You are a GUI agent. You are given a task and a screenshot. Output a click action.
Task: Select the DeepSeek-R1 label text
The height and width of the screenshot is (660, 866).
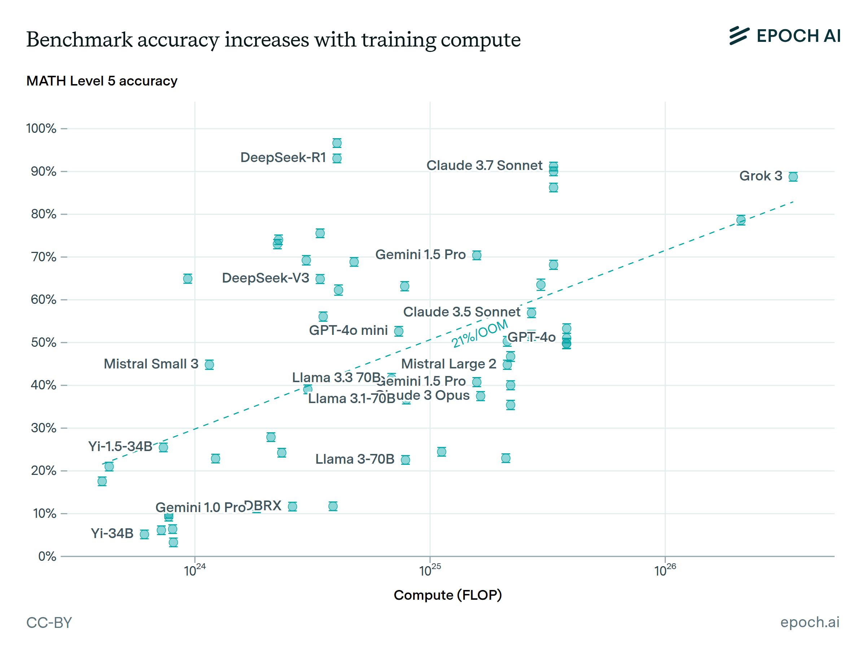(283, 158)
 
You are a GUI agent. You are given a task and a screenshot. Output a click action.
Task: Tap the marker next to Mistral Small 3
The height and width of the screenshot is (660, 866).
(209, 365)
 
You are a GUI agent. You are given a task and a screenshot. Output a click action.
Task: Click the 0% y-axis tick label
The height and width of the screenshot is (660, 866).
(47, 557)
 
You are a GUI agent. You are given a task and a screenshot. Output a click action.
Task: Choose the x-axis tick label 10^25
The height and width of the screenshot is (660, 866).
(430, 571)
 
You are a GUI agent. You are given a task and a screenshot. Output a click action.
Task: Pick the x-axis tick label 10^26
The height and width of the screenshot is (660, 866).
(665, 571)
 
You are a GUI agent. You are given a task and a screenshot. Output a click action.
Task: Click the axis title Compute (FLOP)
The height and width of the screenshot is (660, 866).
(448, 595)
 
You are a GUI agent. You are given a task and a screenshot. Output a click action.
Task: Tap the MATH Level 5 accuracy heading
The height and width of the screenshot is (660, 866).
(102, 81)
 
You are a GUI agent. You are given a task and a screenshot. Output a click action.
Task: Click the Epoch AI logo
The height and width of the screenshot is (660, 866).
(785, 36)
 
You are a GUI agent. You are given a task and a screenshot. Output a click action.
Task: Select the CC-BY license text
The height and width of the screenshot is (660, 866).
(49, 623)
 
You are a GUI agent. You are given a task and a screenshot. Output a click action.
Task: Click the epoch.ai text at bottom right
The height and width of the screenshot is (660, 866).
(809, 622)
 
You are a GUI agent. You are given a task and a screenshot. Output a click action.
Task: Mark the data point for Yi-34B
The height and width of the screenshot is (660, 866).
(145, 535)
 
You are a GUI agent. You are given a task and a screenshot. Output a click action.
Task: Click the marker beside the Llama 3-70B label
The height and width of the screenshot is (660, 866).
(405, 460)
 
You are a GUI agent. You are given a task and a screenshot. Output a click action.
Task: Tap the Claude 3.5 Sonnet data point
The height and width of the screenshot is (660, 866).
(532, 313)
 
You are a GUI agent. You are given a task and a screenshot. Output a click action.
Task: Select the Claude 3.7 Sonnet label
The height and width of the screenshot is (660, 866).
(484, 165)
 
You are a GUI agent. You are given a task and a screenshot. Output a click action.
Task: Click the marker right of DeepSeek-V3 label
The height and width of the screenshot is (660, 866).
(320, 279)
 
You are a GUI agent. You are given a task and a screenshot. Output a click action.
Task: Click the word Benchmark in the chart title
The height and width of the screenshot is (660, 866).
(79, 40)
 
